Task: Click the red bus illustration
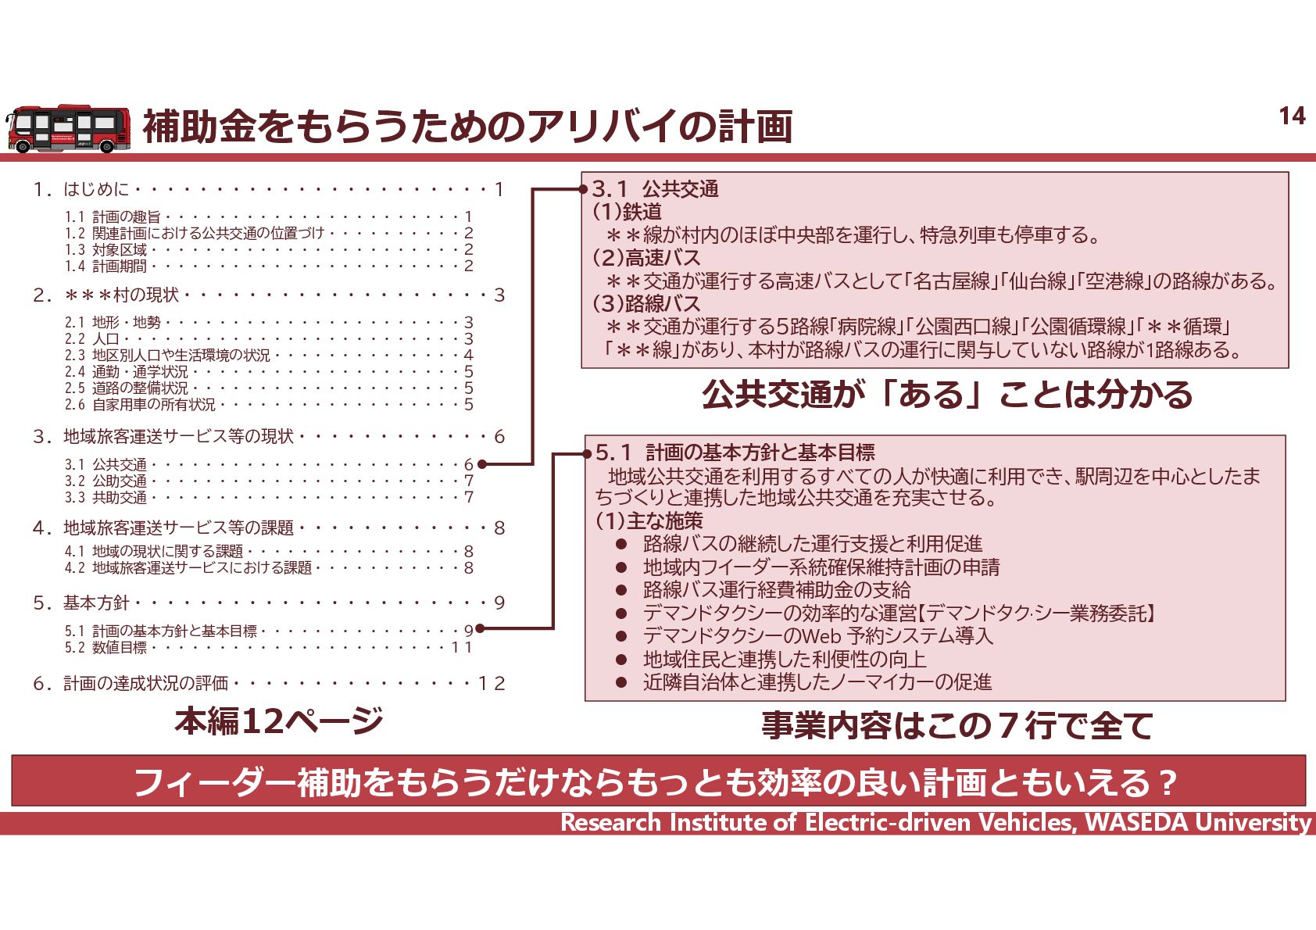[69, 128]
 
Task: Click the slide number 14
[1292, 116]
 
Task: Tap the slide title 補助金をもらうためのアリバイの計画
[467, 127]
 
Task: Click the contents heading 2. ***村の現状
[121, 295]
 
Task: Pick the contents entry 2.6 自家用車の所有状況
[140, 404]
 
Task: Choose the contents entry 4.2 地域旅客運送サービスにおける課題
[188, 567]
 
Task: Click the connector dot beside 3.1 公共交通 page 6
[482, 464]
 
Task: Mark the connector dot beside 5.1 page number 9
[480, 628]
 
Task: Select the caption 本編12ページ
[278, 721]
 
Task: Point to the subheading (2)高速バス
[646, 257]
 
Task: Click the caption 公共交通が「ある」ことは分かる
[947, 395]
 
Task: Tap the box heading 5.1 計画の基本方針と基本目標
[735, 452]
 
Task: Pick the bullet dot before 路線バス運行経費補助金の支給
[621, 590]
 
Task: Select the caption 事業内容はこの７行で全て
[957, 725]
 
